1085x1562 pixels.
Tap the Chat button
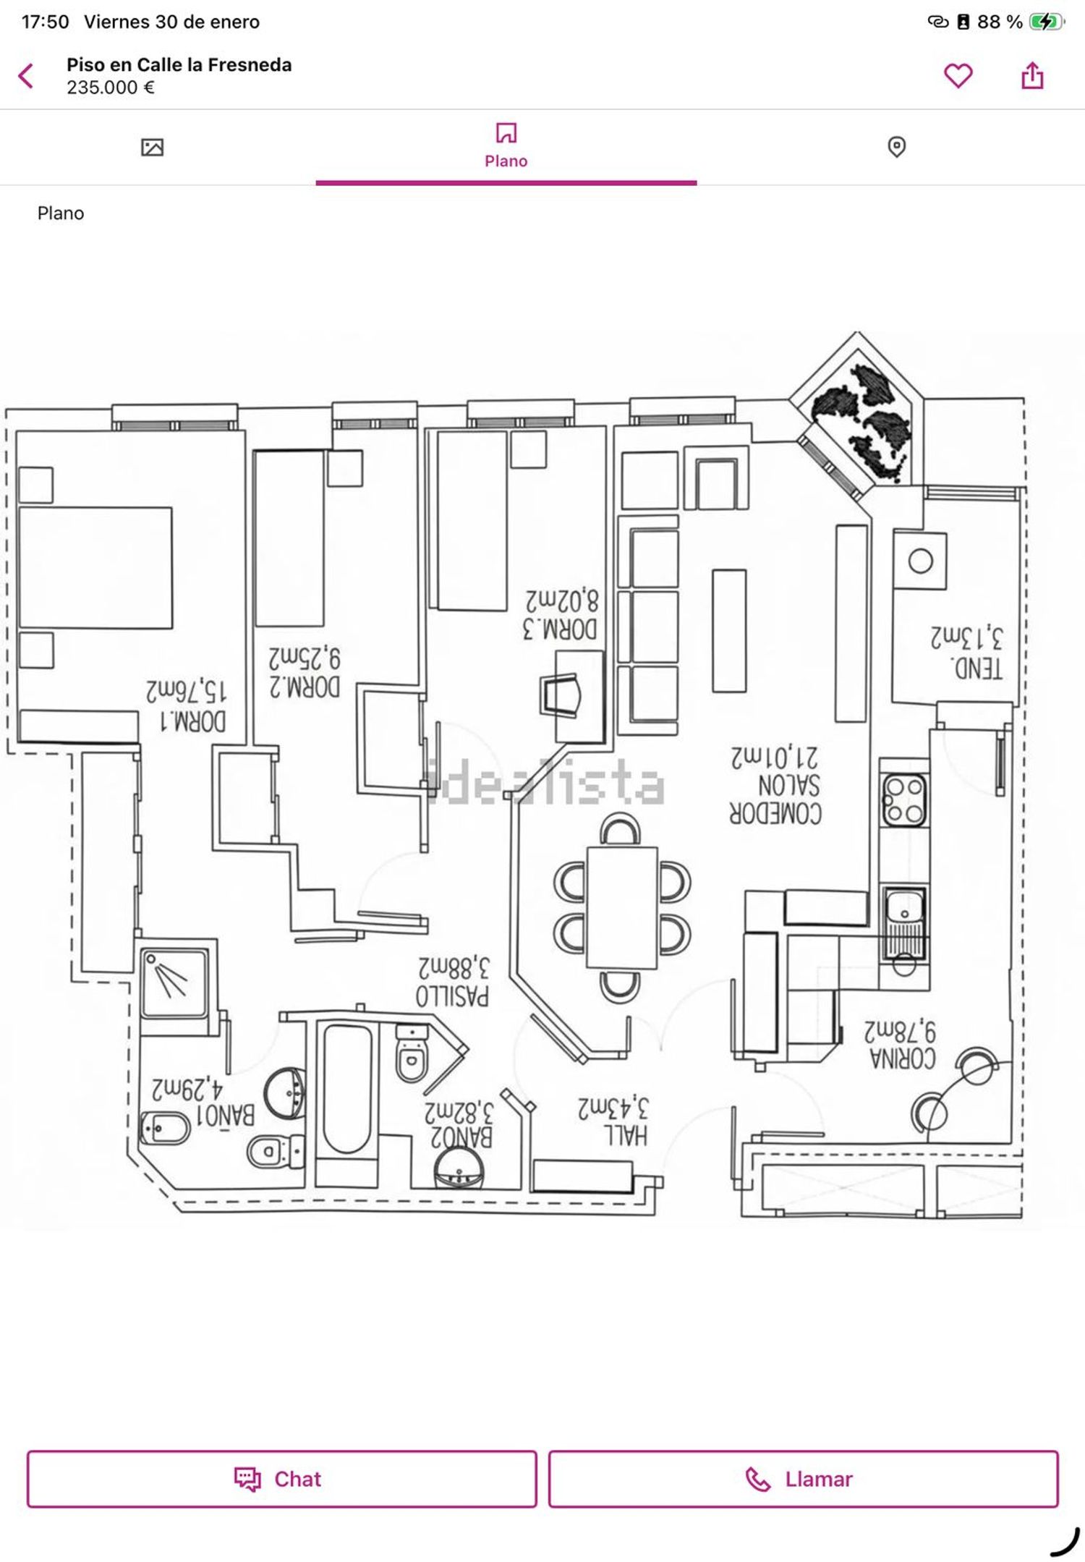pos(281,1479)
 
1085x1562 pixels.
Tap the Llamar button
pos(803,1479)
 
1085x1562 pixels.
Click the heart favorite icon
pos(958,75)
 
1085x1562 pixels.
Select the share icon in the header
pos(1032,75)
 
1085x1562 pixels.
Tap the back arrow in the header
pos(26,75)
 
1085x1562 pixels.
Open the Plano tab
pos(506,145)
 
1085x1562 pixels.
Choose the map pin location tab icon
pos(896,147)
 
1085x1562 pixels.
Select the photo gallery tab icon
pos(152,148)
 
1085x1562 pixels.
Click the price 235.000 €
pos(111,88)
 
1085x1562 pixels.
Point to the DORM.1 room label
pos(192,721)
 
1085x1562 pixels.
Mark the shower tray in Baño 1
pos(174,982)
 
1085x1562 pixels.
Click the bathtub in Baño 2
pos(347,1089)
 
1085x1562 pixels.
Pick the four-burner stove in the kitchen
pos(904,800)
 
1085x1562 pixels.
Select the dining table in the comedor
pos(621,907)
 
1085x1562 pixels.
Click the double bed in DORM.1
pos(95,567)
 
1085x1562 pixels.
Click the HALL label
pos(626,1135)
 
